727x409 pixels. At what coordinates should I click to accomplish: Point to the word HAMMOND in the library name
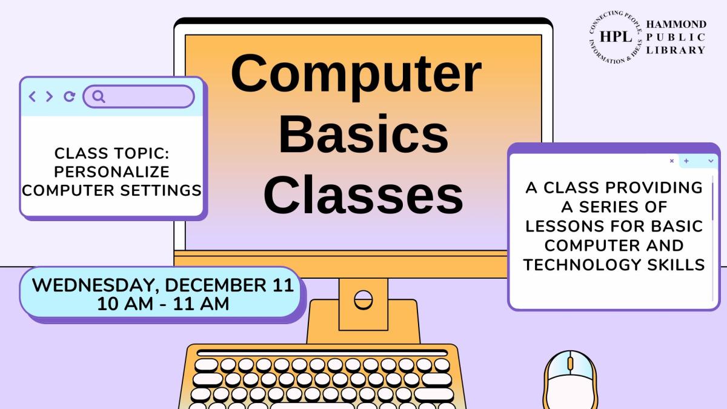[x=676, y=24]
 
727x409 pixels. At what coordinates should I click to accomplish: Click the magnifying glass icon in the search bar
[x=99, y=96]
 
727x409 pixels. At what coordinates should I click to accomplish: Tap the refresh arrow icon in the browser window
[x=69, y=96]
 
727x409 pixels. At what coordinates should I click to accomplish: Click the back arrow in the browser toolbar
[x=33, y=96]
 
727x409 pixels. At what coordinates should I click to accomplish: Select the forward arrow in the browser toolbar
[x=49, y=96]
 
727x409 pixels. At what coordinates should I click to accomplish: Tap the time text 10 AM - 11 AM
[x=163, y=303]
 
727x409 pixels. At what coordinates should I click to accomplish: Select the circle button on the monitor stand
[x=363, y=299]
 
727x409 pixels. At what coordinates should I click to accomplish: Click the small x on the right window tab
[x=672, y=161]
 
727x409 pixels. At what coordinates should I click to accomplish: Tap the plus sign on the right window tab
[x=686, y=161]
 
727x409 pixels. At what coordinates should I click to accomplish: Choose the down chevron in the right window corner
[x=710, y=161]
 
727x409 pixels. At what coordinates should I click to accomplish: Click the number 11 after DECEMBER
[x=283, y=285]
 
